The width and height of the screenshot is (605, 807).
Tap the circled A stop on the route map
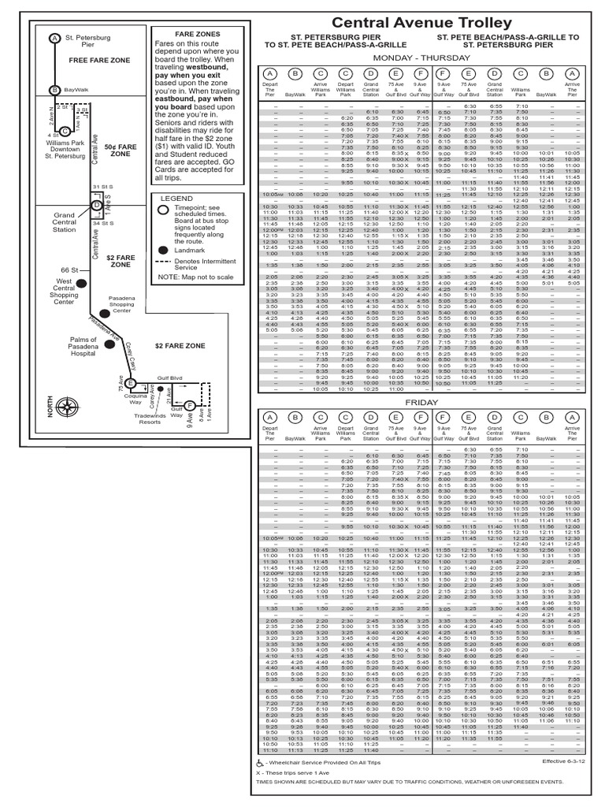(54, 38)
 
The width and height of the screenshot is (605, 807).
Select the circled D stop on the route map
(95, 206)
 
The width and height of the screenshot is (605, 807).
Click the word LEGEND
(176, 198)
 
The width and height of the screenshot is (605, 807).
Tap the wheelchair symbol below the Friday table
(261, 764)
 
